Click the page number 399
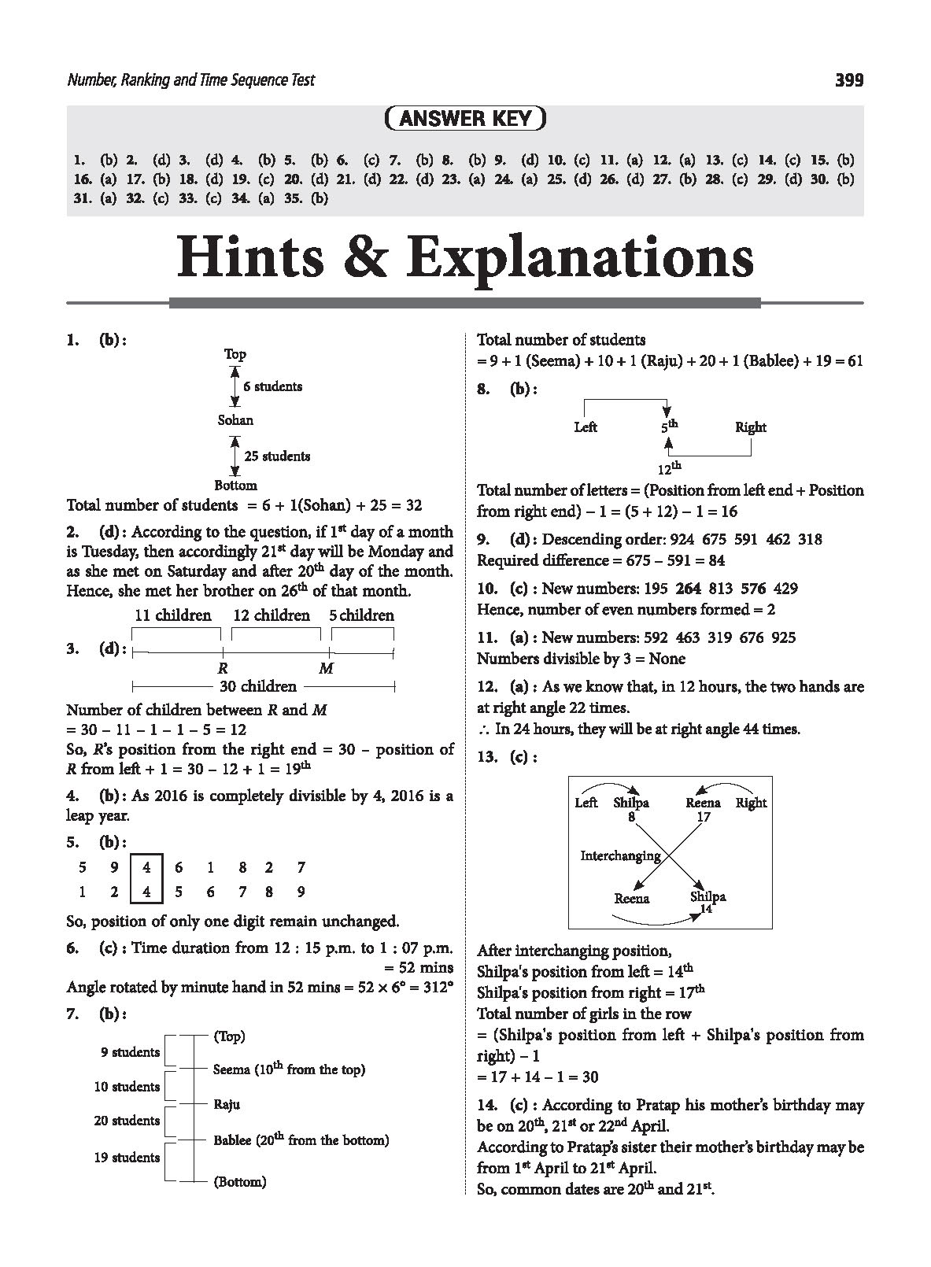click(848, 79)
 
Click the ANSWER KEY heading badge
click(466, 119)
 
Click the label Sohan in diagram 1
click(235, 420)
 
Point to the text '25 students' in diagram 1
click(277, 456)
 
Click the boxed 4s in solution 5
click(147, 879)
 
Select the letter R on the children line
click(223, 669)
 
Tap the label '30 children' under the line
click(257, 686)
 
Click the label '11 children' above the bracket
click(173, 615)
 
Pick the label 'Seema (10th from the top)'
click(289, 1069)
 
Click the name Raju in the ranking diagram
click(227, 1104)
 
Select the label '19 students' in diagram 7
click(127, 1158)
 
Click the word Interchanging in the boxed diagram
click(620, 855)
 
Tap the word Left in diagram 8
click(586, 427)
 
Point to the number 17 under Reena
click(703, 817)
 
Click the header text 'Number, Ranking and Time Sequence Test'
click(191, 79)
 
